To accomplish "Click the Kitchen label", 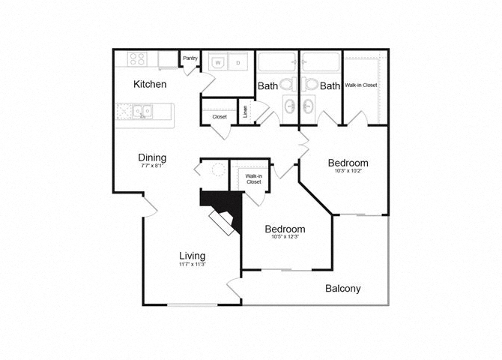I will pos(150,84).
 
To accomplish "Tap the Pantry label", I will pos(190,58).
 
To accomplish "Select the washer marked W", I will pos(218,64).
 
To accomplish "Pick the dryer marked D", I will pos(238,64).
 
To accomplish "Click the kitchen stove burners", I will pos(136,58).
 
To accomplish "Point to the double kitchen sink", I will pos(142,112).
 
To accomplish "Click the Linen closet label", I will pos(246,112).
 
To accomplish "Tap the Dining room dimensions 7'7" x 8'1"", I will pos(151,166).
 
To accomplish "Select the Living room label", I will pos(192,256).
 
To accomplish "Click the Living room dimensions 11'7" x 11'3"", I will pos(192,265).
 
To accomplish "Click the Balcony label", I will pos(343,288).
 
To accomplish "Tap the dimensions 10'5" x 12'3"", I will pos(285,238).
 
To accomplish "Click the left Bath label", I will pos(267,86).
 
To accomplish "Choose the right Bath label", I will pos(330,86).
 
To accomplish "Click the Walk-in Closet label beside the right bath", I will pos(361,85).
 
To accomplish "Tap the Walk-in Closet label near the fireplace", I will pos(253,178).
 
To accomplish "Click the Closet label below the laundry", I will pos(220,117).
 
